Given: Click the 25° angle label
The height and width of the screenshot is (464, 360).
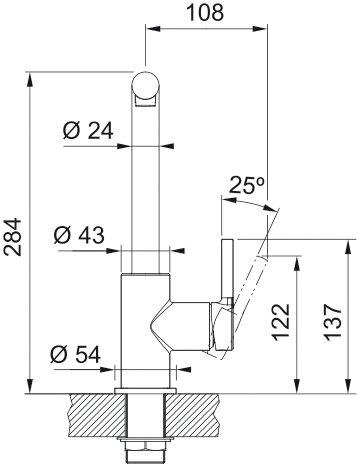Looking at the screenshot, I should pos(245,186).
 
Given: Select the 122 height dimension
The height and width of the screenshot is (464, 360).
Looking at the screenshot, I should pos(283,321).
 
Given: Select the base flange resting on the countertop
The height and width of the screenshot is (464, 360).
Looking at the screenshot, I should pos(144,386).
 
